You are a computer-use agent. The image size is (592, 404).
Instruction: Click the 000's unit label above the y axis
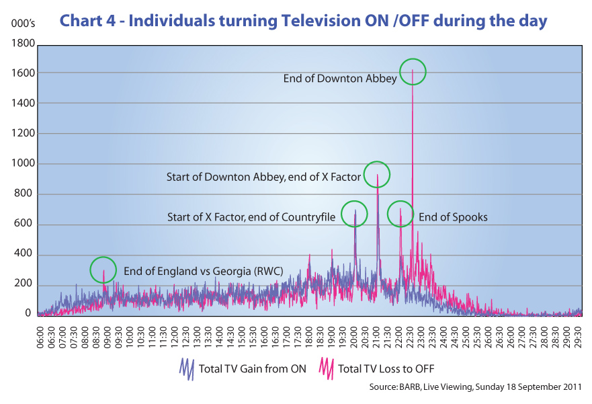[21, 24]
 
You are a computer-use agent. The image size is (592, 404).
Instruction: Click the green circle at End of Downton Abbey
[413, 71]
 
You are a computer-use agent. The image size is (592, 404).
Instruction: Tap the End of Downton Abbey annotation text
[340, 79]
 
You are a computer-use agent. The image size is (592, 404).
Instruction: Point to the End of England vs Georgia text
[203, 272]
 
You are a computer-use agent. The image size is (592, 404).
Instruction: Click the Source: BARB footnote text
[474, 388]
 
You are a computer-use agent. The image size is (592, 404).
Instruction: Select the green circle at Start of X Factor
[355, 214]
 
